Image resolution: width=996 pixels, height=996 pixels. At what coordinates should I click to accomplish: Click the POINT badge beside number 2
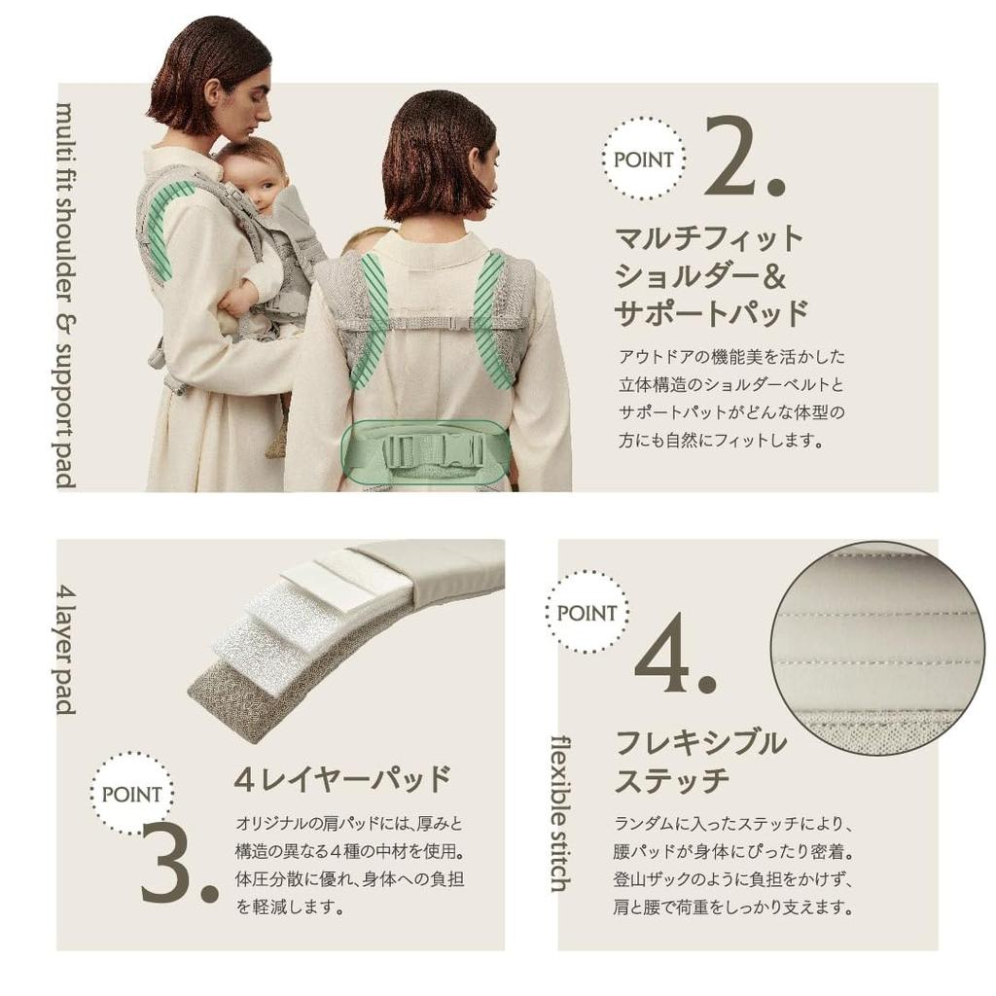point(643,159)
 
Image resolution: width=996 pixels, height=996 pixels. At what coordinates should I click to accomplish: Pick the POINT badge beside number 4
point(587,613)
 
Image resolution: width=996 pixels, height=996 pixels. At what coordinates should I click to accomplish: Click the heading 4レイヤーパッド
point(342,778)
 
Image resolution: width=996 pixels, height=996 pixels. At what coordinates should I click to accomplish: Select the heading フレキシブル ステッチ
point(700,761)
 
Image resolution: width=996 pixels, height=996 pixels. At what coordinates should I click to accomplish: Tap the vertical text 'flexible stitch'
point(561,813)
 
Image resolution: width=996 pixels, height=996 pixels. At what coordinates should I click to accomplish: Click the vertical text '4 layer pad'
point(65,649)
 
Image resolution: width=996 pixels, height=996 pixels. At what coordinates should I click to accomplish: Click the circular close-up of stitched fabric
point(876,647)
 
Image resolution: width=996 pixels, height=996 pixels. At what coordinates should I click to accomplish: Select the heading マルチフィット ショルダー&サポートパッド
point(711,274)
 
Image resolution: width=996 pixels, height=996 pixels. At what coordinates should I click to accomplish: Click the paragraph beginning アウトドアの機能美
point(731,398)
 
